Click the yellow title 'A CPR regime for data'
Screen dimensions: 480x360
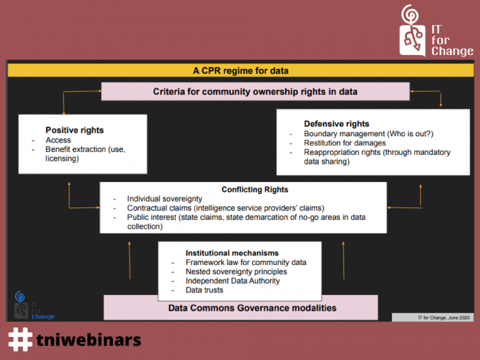241,71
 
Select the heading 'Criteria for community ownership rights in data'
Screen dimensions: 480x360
255,91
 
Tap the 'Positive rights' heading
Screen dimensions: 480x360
75,130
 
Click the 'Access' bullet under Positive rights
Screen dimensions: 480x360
58,140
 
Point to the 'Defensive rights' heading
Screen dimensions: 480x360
336,124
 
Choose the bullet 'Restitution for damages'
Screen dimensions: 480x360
345,143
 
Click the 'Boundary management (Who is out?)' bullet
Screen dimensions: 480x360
369,134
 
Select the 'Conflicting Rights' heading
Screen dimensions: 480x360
255,189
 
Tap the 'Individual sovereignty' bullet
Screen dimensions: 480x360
165,199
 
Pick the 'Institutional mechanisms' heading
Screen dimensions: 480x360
232,253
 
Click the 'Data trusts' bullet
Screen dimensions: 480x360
204,290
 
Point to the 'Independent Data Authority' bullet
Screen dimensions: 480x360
232,281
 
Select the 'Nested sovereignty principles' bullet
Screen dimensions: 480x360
236,271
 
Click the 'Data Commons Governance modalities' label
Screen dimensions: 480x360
252,308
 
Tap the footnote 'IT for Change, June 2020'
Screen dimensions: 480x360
444,317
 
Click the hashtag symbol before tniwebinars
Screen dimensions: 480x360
20,339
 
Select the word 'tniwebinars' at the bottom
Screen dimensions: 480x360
89,340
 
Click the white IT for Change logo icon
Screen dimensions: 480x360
412,31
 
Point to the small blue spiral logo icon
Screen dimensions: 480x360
20,296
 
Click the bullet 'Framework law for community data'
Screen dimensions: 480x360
246,262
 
